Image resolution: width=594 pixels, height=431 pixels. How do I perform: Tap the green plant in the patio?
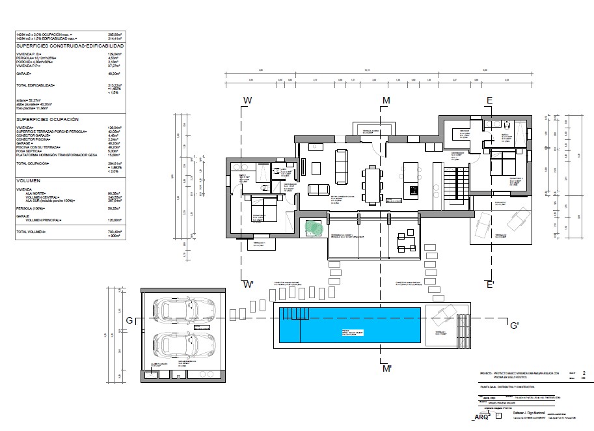(x=314, y=228)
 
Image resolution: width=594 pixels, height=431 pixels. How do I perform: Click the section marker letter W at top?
(x=247, y=100)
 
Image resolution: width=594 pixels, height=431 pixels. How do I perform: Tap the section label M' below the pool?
(x=386, y=369)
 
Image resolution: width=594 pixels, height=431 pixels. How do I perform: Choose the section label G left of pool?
(x=129, y=320)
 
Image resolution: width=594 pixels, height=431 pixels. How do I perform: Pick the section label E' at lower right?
(x=490, y=285)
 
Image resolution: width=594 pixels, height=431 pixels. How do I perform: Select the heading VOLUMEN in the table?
(x=29, y=180)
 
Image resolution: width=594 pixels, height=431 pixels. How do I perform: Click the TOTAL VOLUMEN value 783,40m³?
(x=115, y=232)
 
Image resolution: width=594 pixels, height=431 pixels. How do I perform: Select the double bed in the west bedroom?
(x=266, y=213)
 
